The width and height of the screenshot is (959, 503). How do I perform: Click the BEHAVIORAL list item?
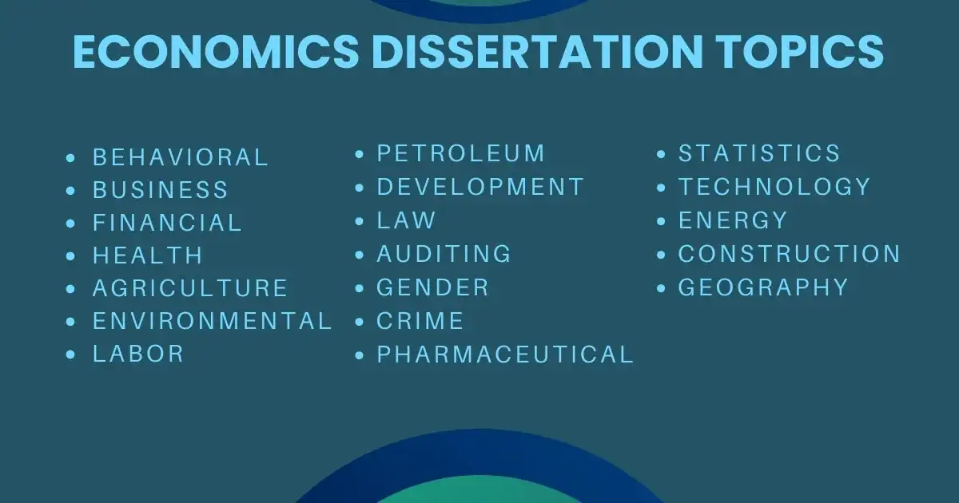point(181,157)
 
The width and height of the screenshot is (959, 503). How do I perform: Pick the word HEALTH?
point(148,255)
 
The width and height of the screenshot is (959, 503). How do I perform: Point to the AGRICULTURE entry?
point(190,288)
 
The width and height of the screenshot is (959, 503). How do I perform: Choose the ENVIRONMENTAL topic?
point(212,321)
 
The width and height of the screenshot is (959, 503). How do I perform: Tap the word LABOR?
point(138,354)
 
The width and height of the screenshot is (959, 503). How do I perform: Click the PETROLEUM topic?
point(461,153)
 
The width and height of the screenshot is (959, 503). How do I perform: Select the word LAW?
point(407,220)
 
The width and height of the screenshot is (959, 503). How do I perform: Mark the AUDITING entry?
point(444,254)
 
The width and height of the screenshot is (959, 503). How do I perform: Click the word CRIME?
point(420,321)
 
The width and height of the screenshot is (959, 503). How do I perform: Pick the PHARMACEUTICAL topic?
point(505,354)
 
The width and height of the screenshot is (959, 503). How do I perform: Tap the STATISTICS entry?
point(759,153)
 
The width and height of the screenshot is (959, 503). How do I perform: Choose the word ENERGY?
point(733,220)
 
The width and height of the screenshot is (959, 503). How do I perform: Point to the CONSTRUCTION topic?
point(790,254)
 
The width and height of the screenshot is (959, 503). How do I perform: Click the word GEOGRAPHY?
point(763,287)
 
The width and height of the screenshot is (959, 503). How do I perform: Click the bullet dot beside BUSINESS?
point(71,191)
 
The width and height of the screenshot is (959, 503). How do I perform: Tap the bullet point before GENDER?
point(360,288)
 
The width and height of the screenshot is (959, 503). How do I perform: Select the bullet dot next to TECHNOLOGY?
point(662,188)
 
